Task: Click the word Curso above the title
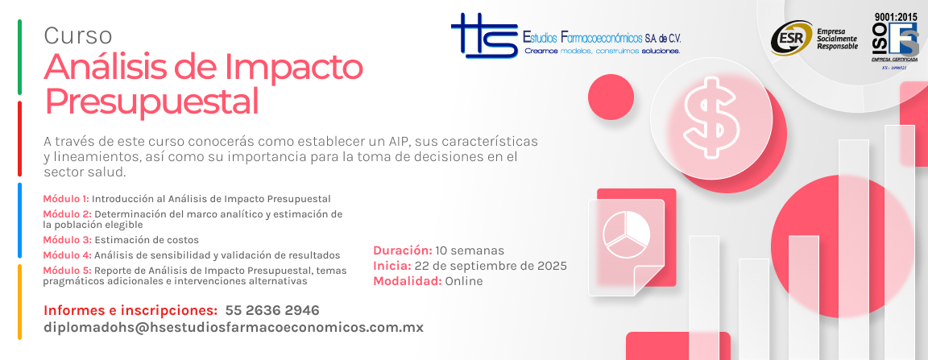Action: [77, 36]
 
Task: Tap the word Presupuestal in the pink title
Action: [152, 101]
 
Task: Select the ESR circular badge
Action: [791, 38]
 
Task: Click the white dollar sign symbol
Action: [710, 116]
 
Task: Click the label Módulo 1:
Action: [66, 198]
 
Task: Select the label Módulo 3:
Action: [67, 240]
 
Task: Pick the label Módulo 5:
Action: [67, 271]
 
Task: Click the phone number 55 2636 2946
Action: [272, 310]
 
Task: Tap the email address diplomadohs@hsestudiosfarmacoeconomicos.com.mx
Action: [234, 328]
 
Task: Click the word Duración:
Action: [403, 250]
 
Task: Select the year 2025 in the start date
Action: [551, 265]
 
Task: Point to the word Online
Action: [464, 281]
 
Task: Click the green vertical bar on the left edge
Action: [19, 57]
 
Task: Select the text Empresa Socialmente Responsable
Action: [837, 39]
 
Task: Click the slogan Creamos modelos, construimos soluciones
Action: [603, 51]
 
